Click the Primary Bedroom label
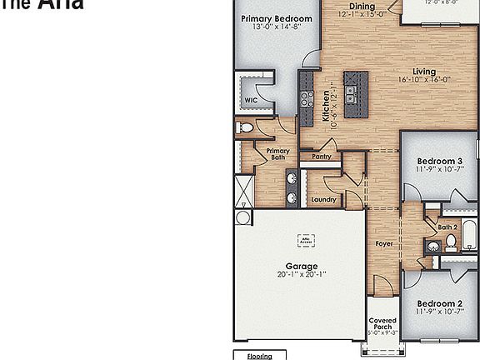(277, 18)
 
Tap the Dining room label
(361, 7)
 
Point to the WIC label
(250, 100)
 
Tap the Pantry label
(322, 156)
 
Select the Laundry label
(323, 200)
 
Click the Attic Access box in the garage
(307, 241)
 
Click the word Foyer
(383, 244)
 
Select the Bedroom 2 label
(439, 304)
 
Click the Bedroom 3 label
(439, 162)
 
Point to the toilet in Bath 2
(451, 242)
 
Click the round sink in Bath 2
(434, 247)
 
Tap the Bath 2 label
(447, 227)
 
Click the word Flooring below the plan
(260, 356)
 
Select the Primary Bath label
(278, 154)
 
